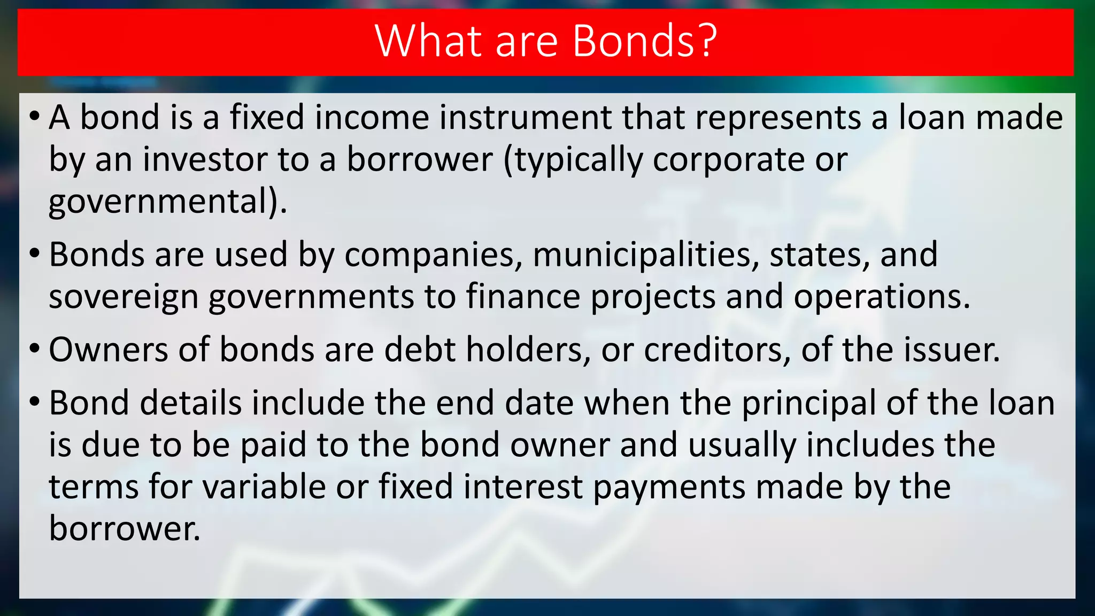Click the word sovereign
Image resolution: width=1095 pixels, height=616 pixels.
pos(124,297)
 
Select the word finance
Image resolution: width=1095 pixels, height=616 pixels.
pos(523,297)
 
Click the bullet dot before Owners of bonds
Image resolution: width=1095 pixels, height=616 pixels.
pos(35,349)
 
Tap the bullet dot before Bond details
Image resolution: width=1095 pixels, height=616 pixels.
pos(35,402)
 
